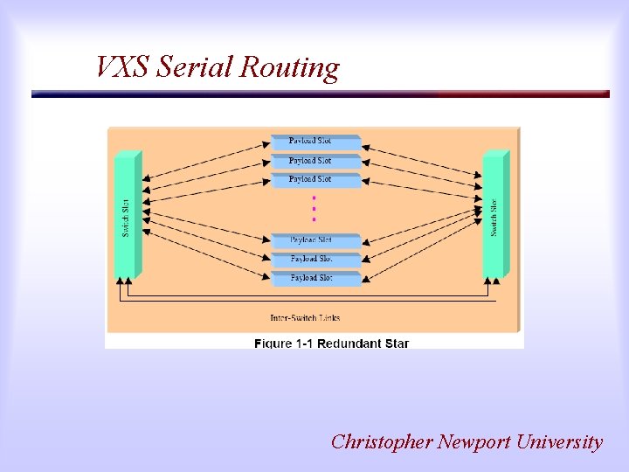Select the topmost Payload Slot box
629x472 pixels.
click(x=312, y=141)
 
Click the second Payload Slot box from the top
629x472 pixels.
click(x=312, y=161)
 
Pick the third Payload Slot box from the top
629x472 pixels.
click(x=312, y=179)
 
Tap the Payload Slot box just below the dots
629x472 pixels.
click(x=312, y=239)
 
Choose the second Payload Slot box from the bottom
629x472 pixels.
click(x=312, y=259)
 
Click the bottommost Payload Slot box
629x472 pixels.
click(x=312, y=277)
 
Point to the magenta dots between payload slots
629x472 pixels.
click(x=314, y=208)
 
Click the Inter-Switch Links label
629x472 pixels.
click(x=305, y=317)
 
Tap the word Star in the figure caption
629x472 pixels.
click(x=395, y=344)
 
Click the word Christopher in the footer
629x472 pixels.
click(x=382, y=442)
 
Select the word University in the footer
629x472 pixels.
click(x=559, y=442)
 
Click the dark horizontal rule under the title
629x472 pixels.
click(x=320, y=94)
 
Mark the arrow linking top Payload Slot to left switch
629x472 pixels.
click(x=206, y=156)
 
